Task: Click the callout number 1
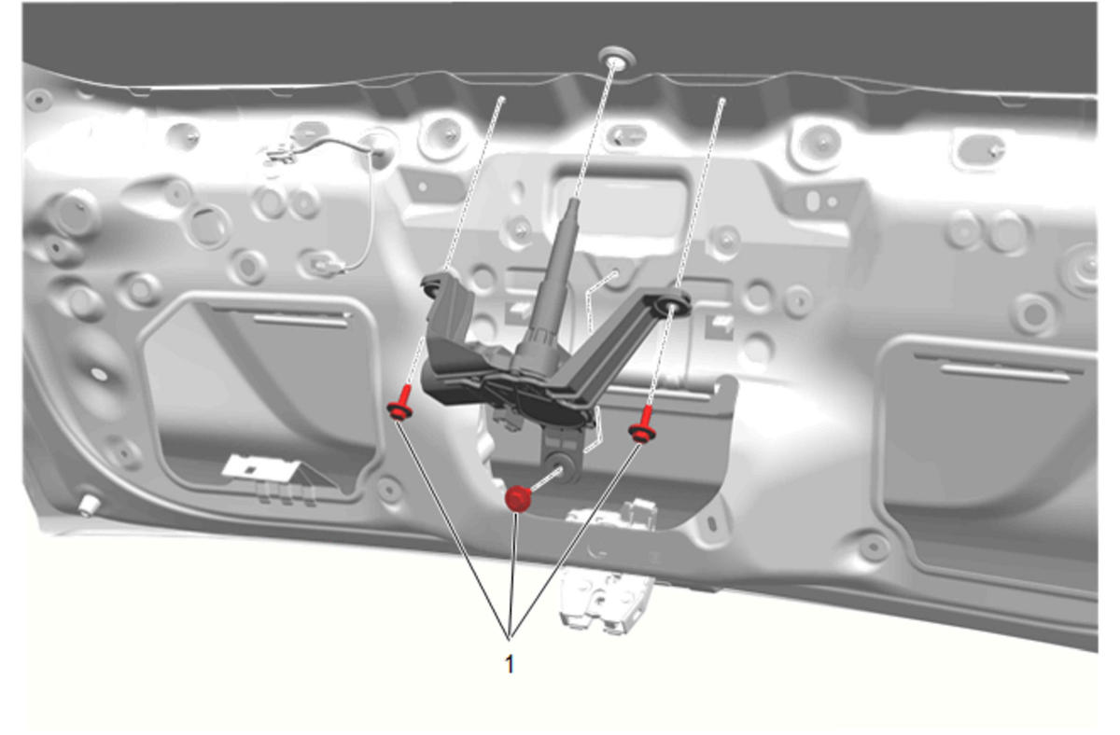509,664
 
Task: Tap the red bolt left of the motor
401,403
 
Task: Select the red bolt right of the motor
643,424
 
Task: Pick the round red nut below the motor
517,499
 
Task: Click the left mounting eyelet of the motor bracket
433,285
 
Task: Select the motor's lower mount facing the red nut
564,467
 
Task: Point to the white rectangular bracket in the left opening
261,468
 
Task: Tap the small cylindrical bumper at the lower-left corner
88,505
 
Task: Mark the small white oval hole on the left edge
100,373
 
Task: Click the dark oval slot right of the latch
712,523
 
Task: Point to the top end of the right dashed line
722,101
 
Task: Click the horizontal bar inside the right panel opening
1005,373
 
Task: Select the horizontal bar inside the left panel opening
301,320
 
